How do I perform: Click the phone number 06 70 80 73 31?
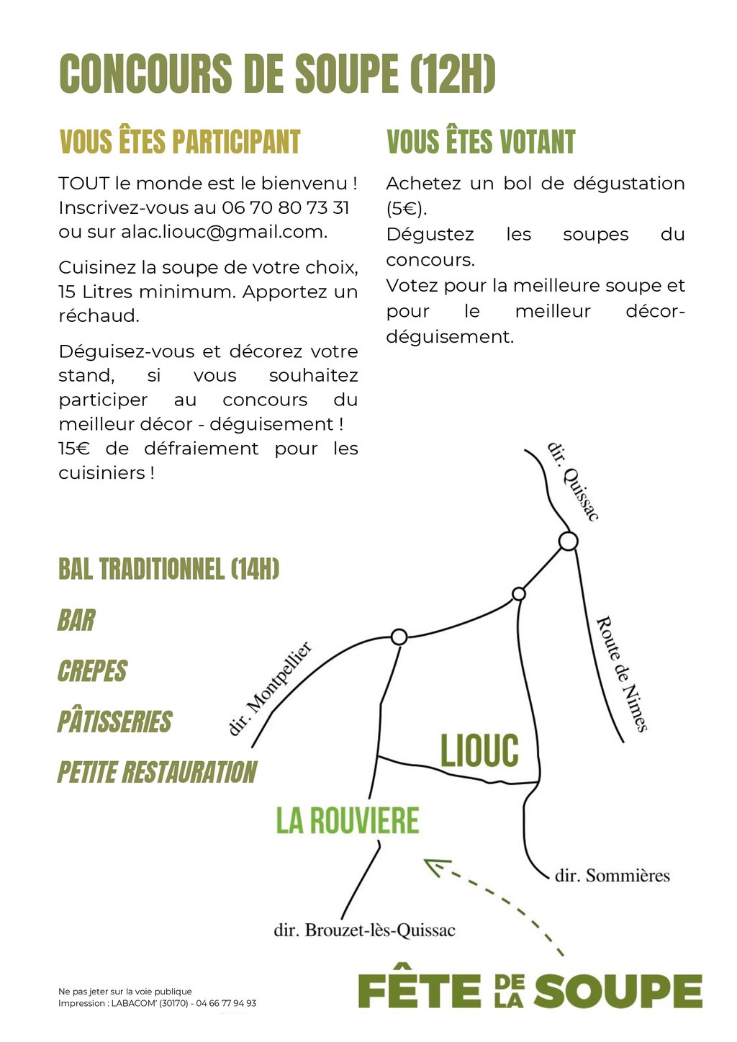[x=286, y=208]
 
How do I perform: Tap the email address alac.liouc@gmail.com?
[x=223, y=232]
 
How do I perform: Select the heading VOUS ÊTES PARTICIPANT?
[x=179, y=142]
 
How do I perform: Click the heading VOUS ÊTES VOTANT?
[x=481, y=142]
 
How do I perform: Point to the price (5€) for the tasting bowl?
[x=406, y=209]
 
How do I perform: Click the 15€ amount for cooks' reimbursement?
[x=73, y=449]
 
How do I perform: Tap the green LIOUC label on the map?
[x=479, y=751]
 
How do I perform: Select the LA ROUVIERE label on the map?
[x=347, y=821]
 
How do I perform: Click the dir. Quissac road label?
[x=573, y=481]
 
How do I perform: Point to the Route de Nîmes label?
[x=622, y=673]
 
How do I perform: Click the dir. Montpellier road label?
[x=270, y=688]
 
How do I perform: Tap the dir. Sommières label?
[x=612, y=876]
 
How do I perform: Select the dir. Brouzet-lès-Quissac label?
[x=364, y=930]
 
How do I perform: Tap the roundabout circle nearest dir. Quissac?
[x=569, y=541]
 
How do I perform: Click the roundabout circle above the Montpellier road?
[x=399, y=637]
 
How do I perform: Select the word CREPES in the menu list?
[x=92, y=671]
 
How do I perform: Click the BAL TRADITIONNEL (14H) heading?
[x=168, y=569]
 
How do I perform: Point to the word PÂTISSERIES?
[x=115, y=722]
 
